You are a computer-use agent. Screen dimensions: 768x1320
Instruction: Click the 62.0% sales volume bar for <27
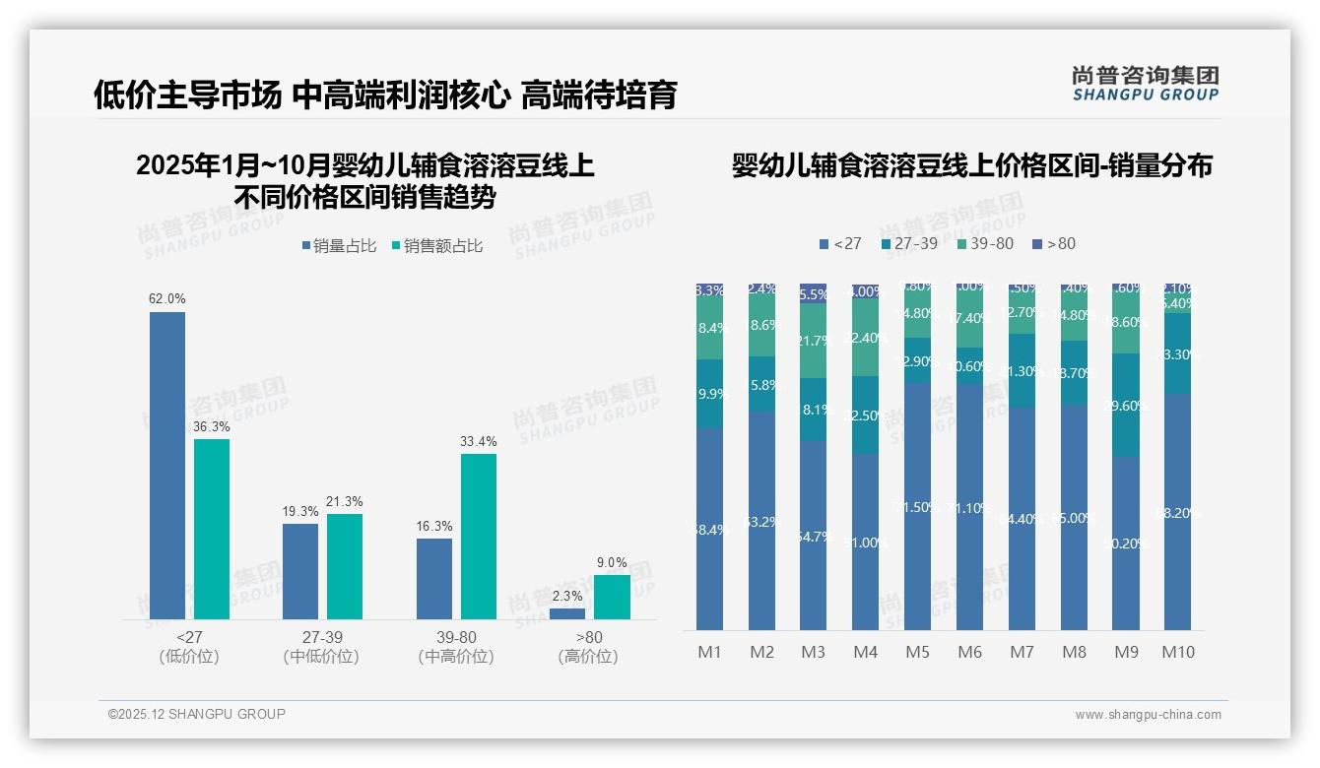coord(167,465)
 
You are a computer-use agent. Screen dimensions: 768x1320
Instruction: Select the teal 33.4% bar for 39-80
coord(479,536)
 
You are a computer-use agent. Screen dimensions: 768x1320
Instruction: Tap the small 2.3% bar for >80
coord(567,613)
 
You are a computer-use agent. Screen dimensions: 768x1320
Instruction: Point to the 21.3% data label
coord(344,502)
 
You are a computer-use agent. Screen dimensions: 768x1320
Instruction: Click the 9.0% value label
coord(612,563)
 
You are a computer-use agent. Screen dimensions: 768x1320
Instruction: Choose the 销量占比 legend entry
coord(339,246)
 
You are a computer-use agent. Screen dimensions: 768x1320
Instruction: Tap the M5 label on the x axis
coord(917,652)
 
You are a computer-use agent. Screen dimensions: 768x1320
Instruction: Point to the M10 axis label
coord(1177,652)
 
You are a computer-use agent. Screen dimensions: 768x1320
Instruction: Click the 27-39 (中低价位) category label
coord(321,647)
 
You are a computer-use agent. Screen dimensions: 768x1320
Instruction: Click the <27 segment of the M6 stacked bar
coord(969,506)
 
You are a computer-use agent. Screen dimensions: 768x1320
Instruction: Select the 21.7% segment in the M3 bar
coord(814,341)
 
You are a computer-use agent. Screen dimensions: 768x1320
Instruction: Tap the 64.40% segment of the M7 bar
coord(1022,518)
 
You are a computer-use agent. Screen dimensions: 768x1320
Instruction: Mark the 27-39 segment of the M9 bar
coord(1126,405)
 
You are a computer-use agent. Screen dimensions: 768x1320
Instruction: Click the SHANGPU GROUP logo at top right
coord(1145,83)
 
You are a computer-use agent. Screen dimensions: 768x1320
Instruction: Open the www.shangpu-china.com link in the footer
coord(1148,715)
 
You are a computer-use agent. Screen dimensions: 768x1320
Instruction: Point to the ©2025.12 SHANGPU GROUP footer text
coord(197,714)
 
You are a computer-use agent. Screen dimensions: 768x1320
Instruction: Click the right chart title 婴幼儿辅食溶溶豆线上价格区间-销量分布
coord(971,165)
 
